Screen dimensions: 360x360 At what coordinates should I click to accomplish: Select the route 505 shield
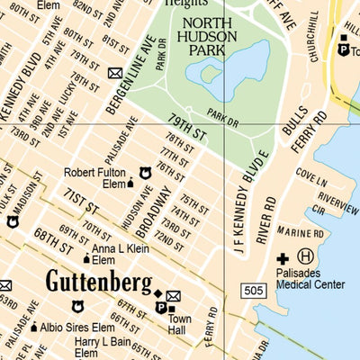click(x=253, y=289)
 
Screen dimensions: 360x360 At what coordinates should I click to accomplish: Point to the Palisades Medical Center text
click(x=310, y=279)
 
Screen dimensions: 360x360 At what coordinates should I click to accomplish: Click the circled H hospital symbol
click(x=305, y=256)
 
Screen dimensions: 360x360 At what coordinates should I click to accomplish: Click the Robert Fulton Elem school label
click(x=95, y=178)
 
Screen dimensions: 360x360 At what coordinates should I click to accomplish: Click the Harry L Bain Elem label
click(x=105, y=343)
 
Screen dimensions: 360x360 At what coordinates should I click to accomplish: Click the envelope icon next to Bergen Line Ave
click(x=115, y=73)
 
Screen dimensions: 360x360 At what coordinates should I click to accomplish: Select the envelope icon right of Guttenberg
click(x=173, y=296)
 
